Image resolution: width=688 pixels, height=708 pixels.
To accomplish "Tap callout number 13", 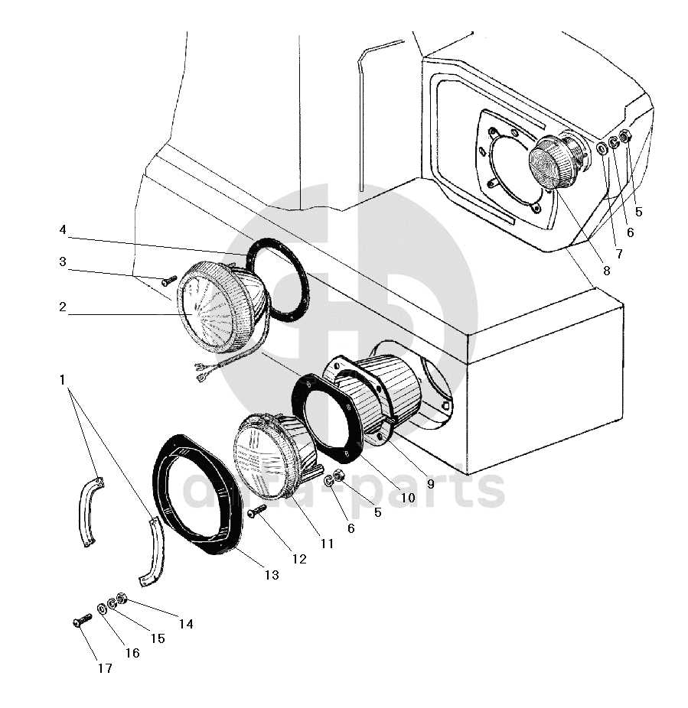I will pyautogui.click(x=272, y=575).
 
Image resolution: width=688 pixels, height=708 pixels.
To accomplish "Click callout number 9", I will pyautogui.click(x=430, y=483).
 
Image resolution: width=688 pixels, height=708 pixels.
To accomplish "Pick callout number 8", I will pyautogui.click(x=606, y=270).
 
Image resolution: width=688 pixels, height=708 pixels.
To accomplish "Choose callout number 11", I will pyautogui.click(x=327, y=544).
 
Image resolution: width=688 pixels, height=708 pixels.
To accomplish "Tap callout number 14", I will pyautogui.click(x=185, y=624).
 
